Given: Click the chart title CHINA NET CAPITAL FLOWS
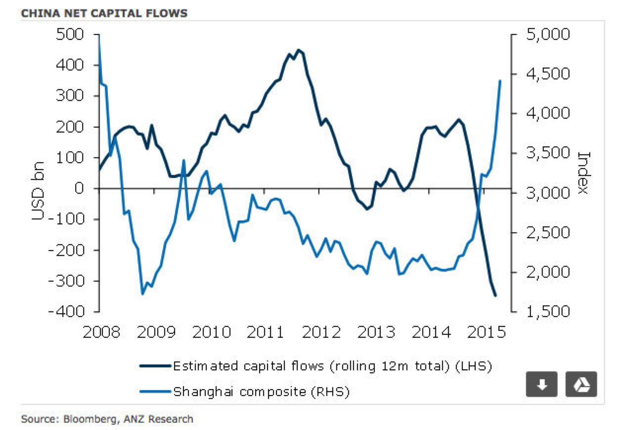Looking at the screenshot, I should coord(104,13).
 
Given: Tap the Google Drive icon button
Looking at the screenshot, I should coord(581,384).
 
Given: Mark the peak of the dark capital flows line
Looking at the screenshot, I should coord(298,50).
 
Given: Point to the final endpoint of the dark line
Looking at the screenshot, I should coord(495,296).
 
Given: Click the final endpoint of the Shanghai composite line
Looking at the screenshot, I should coord(500,80).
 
